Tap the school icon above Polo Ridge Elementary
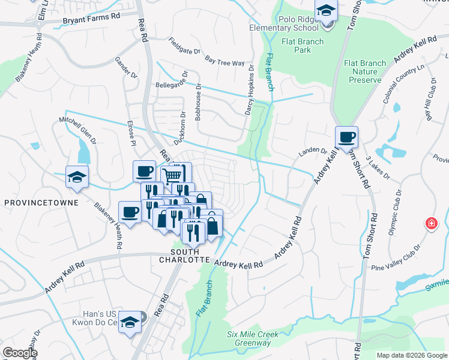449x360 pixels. [x=326, y=11]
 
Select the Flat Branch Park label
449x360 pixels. [x=303, y=46]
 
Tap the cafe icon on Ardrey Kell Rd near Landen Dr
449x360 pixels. [x=346, y=137]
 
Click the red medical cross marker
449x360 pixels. [x=430, y=224]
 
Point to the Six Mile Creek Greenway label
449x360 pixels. [x=249, y=338]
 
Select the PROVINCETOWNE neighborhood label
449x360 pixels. [x=41, y=203]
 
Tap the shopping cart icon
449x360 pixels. [x=173, y=175]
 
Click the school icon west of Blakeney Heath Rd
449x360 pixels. [x=77, y=177]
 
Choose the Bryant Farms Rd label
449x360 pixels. [x=91, y=20]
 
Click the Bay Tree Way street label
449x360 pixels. [x=224, y=61]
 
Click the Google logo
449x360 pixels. [x=20, y=353]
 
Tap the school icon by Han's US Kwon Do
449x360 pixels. [x=130, y=323]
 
